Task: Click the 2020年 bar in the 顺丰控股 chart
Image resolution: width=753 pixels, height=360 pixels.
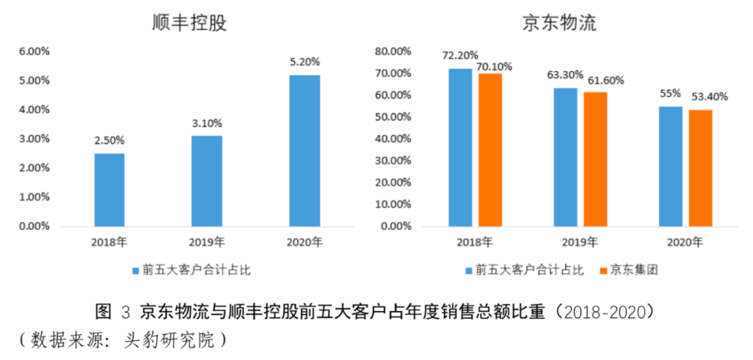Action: point(305,151)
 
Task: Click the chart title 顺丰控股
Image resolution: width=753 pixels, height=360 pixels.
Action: point(190,24)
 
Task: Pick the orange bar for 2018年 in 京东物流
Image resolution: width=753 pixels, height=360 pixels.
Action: point(489,149)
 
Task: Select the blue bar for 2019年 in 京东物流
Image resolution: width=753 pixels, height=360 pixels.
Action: point(565,157)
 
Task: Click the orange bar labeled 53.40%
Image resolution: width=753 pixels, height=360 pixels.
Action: point(701,167)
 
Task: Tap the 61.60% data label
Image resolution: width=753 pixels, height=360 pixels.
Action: point(604,80)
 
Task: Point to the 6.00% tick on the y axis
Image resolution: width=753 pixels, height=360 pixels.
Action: point(33,52)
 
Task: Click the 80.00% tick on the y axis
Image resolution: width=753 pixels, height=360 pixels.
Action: point(393,52)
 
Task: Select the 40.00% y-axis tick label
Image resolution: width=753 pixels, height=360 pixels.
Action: point(393,139)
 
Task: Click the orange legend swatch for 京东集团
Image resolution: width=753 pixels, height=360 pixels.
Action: point(603,270)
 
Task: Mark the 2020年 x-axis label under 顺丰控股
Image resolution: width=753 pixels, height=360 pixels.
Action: point(305,243)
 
